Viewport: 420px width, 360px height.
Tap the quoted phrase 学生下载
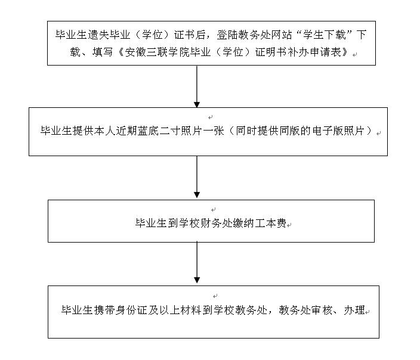[325, 35]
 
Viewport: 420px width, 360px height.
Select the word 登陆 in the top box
[227, 35]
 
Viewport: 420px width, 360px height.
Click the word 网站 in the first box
[281, 35]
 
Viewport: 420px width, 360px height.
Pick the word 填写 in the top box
[103, 52]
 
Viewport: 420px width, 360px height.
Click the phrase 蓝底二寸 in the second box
[159, 131]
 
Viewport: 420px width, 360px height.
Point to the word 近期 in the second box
[126, 131]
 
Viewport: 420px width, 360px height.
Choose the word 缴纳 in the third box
[243, 223]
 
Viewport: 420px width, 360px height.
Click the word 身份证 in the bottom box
[131, 310]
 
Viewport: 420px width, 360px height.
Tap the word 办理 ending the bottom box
[354, 310]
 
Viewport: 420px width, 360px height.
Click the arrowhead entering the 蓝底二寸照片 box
[197, 105]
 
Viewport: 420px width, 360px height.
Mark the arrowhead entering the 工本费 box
[197, 194]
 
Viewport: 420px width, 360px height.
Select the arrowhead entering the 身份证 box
[197, 280]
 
